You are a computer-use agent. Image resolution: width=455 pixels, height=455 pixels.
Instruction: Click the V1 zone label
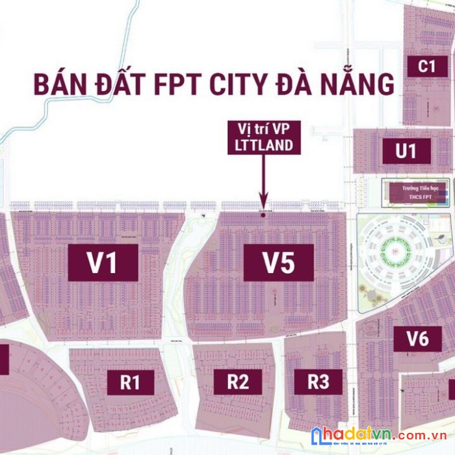click(x=103, y=263)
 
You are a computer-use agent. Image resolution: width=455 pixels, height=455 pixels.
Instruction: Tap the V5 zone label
click(x=278, y=263)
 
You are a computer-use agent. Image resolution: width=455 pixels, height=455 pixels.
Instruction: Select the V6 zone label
click(x=417, y=339)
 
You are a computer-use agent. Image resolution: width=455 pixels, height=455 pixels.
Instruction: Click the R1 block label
click(x=130, y=382)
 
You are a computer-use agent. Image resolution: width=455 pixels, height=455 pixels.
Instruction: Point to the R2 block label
click(x=238, y=382)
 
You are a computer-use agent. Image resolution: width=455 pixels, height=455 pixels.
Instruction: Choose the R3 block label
click(x=318, y=382)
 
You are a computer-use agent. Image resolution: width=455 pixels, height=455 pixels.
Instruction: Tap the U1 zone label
click(x=406, y=151)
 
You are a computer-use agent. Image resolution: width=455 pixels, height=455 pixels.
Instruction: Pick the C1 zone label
click(x=426, y=66)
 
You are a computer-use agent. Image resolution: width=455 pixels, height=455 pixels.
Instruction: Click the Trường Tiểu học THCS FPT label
click(x=416, y=192)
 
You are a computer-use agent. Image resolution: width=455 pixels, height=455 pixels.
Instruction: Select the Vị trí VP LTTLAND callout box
click(x=264, y=137)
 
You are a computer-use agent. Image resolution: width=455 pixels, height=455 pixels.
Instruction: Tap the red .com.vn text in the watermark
click(x=419, y=436)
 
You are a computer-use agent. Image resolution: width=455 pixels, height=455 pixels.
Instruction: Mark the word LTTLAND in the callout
click(x=264, y=146)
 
